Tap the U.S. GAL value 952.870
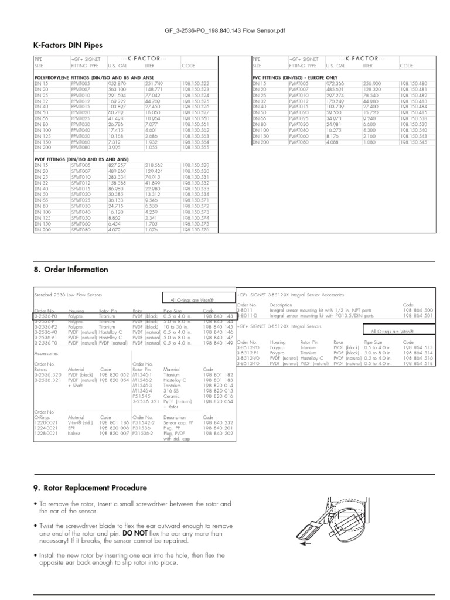(x=118, y=84)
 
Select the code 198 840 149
(x=218, y=343)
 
